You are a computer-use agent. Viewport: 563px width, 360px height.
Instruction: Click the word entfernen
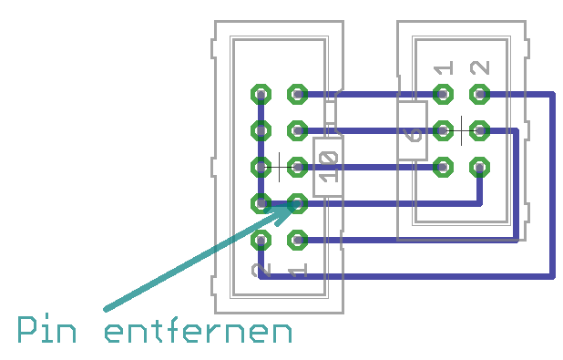coord(199,331)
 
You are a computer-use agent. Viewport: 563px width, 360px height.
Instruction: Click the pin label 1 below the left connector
coord(297,271)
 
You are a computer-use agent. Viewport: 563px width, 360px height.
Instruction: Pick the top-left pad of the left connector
coord(261,93)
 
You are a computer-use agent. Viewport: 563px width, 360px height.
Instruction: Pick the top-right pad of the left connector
coord(297,93)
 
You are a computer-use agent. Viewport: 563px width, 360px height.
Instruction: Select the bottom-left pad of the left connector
coord(261,241)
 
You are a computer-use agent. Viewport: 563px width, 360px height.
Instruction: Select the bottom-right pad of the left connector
coord(297,241)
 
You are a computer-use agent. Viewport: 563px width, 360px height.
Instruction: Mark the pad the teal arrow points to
coord(297,203)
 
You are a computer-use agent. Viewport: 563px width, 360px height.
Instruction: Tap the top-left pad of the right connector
coord(444,93)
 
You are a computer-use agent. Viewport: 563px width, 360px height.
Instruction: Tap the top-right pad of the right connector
coord(480,93)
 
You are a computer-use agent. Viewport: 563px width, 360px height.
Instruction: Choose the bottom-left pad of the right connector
coord(444,167)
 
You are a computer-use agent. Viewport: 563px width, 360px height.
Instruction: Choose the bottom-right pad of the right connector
coord(480,167)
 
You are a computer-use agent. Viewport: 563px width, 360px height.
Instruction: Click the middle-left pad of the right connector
coord(444,130)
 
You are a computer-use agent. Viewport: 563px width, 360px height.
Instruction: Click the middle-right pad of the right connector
coord(480,130)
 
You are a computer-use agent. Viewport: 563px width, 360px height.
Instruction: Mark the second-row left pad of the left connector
coord(261,130)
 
